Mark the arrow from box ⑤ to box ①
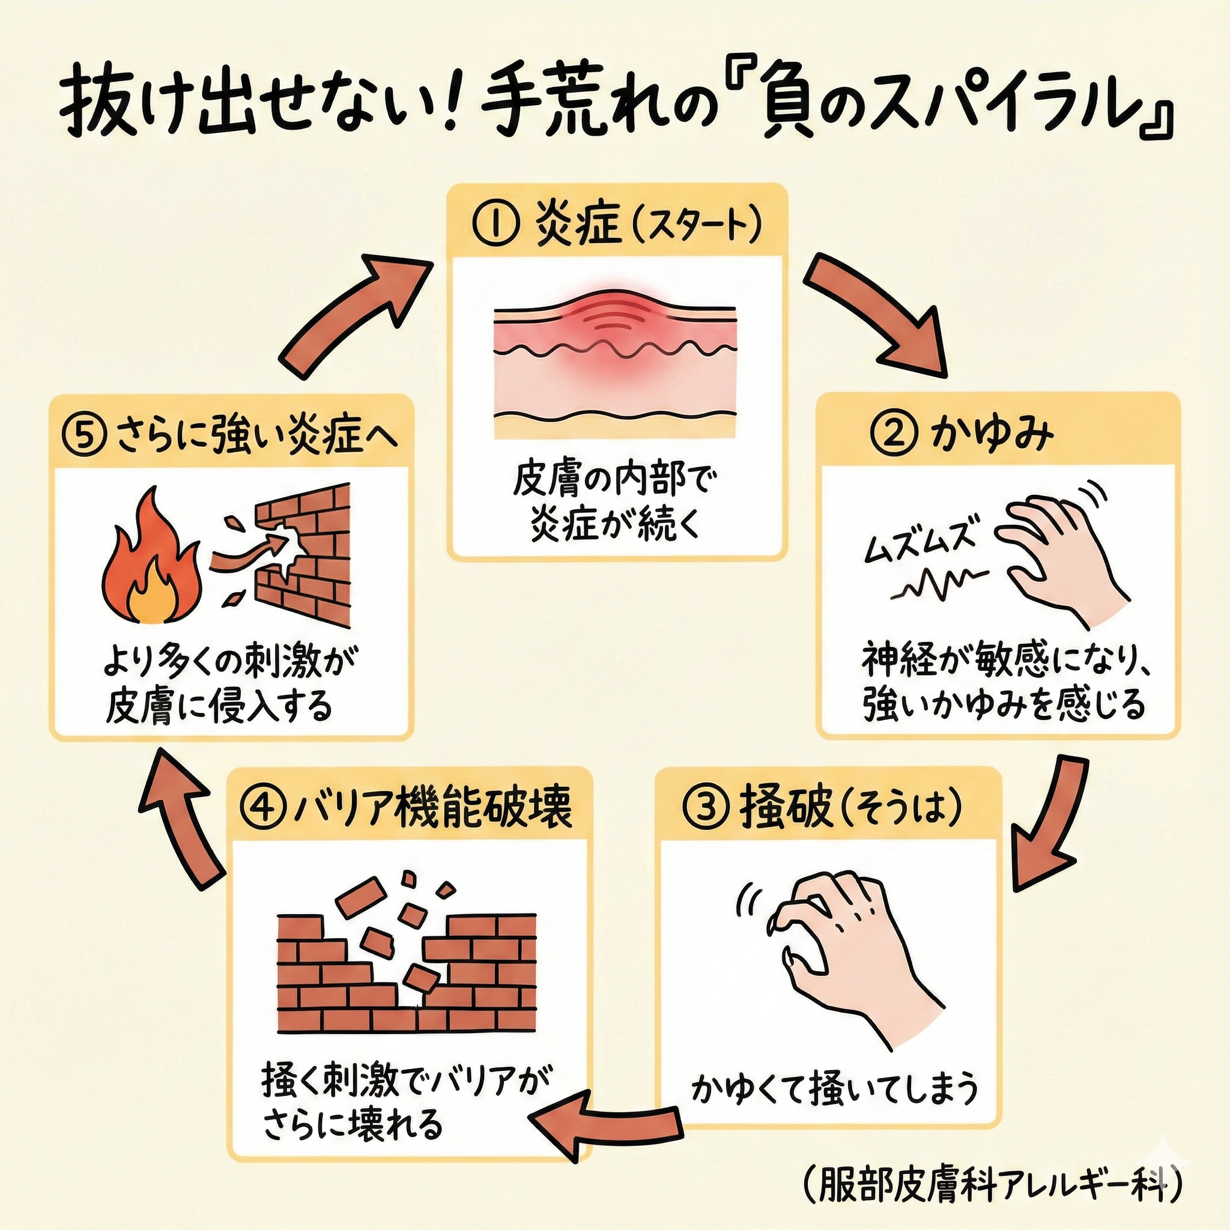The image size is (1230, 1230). coord(353,312)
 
